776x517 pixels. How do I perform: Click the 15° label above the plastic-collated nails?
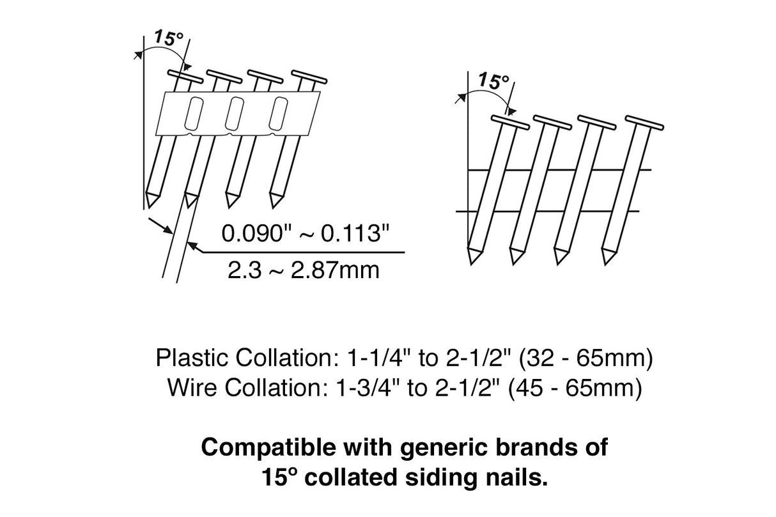168,38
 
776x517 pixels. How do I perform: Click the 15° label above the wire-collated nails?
493,81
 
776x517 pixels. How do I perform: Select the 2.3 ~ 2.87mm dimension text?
303,270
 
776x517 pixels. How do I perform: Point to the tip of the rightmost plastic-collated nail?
274,199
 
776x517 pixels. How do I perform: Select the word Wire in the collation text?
190,387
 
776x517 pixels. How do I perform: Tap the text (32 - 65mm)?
586,359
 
